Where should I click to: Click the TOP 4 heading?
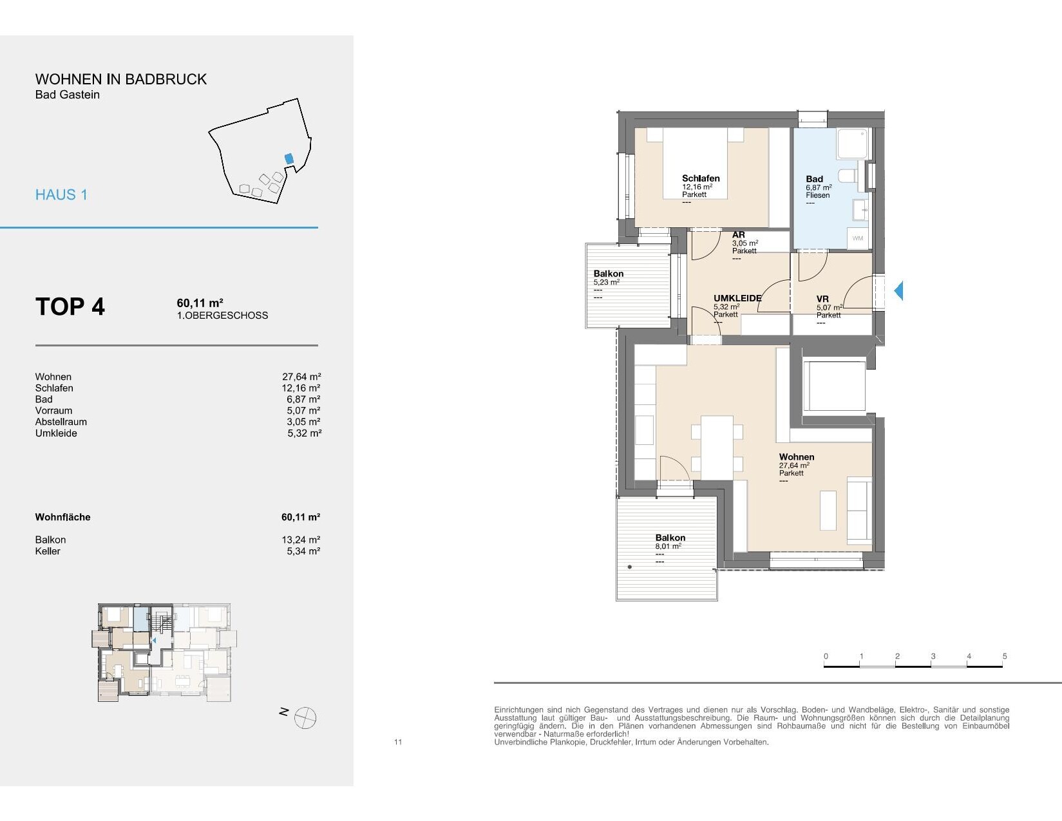click(70, 307)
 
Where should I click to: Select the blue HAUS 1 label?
click(61, 195)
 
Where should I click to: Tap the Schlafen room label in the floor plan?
click(701, 178)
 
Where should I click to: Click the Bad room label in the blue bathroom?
click(814, 179)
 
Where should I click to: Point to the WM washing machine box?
click(858, 238)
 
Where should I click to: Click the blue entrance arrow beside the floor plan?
click(898, 290)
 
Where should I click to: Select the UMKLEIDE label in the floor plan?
click(737, 298)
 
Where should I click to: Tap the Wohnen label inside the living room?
click(797, 457)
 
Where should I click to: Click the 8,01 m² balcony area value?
click(668, 547)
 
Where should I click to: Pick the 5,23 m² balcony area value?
click(607, 282)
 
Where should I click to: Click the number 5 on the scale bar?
click(1005, 656)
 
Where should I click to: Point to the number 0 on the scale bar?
click(826, 656)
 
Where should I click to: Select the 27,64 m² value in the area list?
click(301, 377)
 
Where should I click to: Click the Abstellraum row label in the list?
click(61, 422)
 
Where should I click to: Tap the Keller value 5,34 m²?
click(303, 551)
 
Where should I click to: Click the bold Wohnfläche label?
click(62, 516)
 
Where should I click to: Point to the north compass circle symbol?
click(305, 718)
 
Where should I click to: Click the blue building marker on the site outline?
click(289, 159)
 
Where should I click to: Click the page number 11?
click(398, 742)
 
